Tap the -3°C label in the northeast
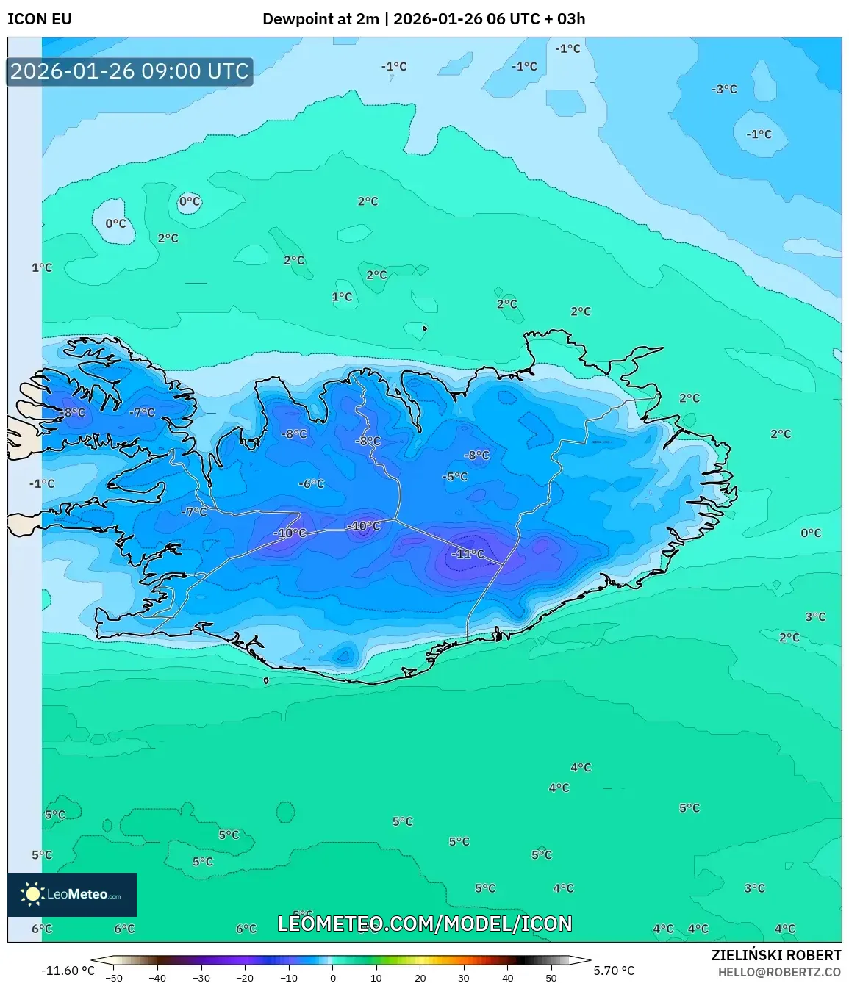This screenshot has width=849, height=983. pos(724,89)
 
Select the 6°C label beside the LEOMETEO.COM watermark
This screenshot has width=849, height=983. pos(246,929)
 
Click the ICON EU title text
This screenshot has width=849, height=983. pos(40,19)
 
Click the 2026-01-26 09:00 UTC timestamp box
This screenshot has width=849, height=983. pos(129,71)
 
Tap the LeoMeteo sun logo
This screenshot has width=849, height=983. pos(32,894)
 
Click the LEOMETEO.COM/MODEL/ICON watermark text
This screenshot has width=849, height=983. pos(424,923)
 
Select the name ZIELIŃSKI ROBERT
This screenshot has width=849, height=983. pos(775,955)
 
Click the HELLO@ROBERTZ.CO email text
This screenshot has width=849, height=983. pos(779,972)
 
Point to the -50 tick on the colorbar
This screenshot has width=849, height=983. pos(114,978)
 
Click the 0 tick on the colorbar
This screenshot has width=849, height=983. pos(333,978)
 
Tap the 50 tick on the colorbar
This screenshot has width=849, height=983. pos(551,978)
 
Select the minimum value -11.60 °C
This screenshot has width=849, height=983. pos(68,971)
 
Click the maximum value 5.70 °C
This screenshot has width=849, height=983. pos(614,971)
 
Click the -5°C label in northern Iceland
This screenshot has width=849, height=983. pos(455,476)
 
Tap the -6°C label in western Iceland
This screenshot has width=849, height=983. pos(311,483)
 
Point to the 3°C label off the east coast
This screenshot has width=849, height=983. pos(815,616)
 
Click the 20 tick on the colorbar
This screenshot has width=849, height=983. pos(420,978)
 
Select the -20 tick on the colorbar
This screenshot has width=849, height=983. pos(245,978)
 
